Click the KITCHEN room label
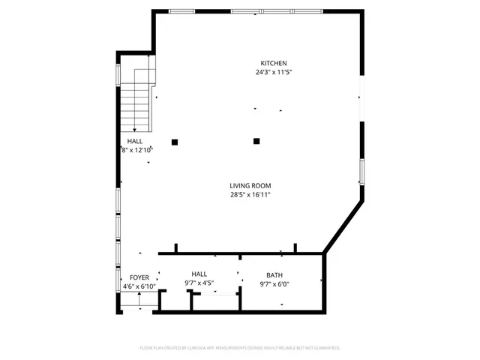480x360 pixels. (273, 63)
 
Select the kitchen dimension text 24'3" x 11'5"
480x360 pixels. (273, 73)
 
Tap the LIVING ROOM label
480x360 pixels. (250, 185)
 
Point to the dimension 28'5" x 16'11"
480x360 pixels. (250, 195)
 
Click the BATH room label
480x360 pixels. (274, 275)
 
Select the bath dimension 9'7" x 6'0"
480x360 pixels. (274, 284)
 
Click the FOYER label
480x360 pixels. (139, 277)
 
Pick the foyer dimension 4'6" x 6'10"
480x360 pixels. (139, 286)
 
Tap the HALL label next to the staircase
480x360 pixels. (135, 141)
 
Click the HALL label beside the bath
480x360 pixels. (199, 274)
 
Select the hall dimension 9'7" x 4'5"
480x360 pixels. (199, 283)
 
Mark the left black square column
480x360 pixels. (175, 142)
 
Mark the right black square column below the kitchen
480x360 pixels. (256, 140)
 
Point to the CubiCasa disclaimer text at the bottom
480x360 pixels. (240, 348)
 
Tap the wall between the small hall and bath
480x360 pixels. (240, 281)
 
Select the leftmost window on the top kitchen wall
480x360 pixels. (181, 11)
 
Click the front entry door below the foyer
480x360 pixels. (139, 307)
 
